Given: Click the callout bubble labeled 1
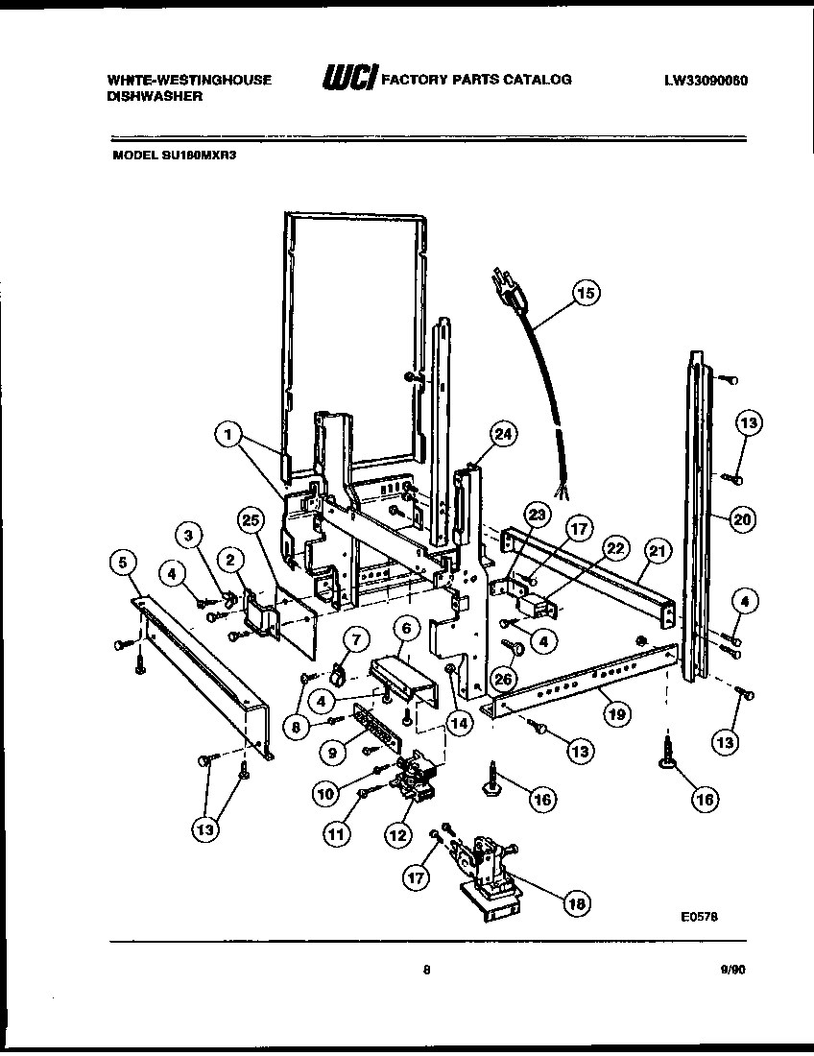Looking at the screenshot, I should pyautogui.click(x=227, y=436).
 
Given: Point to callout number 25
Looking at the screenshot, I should pyautogui.click(x=251, y=521).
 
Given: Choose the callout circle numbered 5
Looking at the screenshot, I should pyautogui.click(x=122, y=564).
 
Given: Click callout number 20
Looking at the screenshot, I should pyautogui.click(x=741, y=519).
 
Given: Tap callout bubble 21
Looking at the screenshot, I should pyautogui.click(x=658, y=551).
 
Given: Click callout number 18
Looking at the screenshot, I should pyautogui.click(x=577, y=902).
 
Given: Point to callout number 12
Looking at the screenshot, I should pyautogui.click(x=397, y=834).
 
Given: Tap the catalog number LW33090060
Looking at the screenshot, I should pyautogui.click(x=706, y=81).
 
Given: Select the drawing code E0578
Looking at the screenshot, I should pyautogui.click(x=699, y=917).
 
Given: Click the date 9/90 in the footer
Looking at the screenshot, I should pyautogui.click(x=731, y=971).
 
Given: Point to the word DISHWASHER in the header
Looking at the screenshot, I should pyautogui.click(x=154, y=97).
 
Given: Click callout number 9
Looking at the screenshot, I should pyautogui.click(x=333, y=754).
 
